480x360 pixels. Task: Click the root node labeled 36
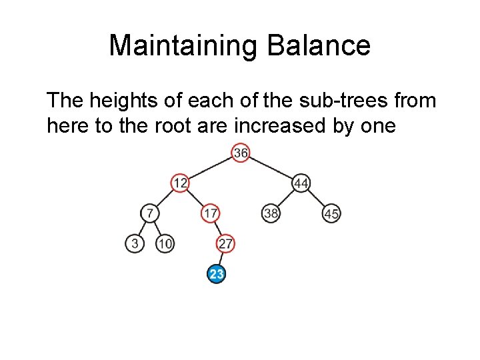241,153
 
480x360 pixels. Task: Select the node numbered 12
180,183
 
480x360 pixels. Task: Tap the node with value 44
301,183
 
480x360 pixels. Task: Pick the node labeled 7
150,213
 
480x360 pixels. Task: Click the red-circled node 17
210,213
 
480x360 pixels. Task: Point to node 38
271,213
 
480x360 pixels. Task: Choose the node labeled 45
331,213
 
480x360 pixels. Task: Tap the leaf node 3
135,244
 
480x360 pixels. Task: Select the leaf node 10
165,244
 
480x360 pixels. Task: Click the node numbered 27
225,244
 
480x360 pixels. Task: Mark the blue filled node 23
216,274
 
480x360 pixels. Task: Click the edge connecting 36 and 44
271,168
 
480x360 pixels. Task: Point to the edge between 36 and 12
210,168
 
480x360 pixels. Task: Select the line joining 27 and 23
221,259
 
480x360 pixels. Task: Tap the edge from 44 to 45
317,198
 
